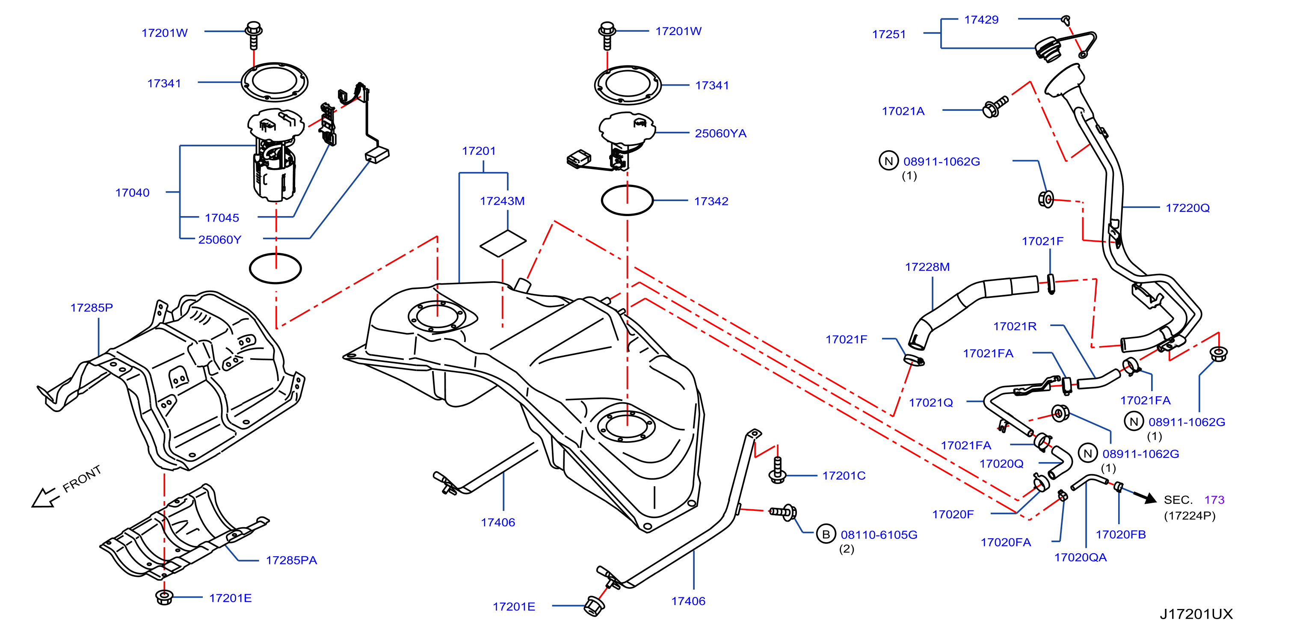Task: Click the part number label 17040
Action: click(132, 193)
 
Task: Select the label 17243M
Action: click(502, 201)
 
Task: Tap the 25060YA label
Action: click(721, 134)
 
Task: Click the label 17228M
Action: click(927, 267)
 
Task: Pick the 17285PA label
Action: click(291, 560)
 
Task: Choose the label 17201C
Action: click(844, 476)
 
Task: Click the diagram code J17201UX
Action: click(1196, 614)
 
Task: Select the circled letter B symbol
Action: click(826, 534)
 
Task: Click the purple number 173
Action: click(1214, 500)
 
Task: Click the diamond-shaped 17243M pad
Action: click(503, 243)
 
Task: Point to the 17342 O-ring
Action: click(627, 201)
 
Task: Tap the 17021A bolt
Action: click(995, 107)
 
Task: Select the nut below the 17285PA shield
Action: click(164, 597)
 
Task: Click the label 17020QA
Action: click(1080, 557)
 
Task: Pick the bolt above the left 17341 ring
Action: click(254, 35)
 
